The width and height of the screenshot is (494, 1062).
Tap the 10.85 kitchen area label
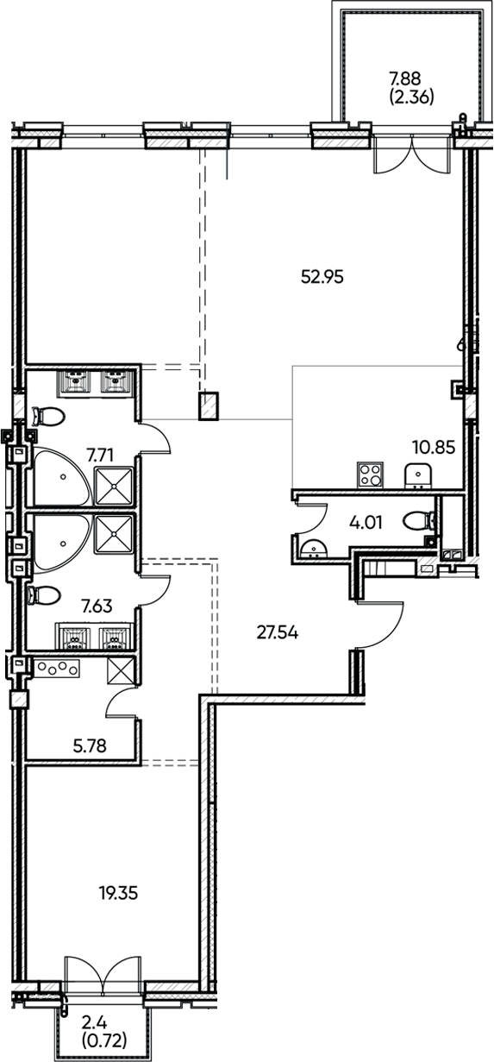[434, 448]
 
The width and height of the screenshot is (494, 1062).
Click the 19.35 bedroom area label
[119, 893]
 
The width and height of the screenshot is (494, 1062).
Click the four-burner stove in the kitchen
[370, 475]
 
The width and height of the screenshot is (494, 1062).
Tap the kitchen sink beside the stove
[418, 475]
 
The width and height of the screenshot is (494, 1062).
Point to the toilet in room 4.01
[422, 522]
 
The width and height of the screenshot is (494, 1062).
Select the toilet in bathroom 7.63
[46, 596]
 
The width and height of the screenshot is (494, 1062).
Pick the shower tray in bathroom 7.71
[113, 486]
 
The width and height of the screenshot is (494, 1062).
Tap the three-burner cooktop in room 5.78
[58, 668]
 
